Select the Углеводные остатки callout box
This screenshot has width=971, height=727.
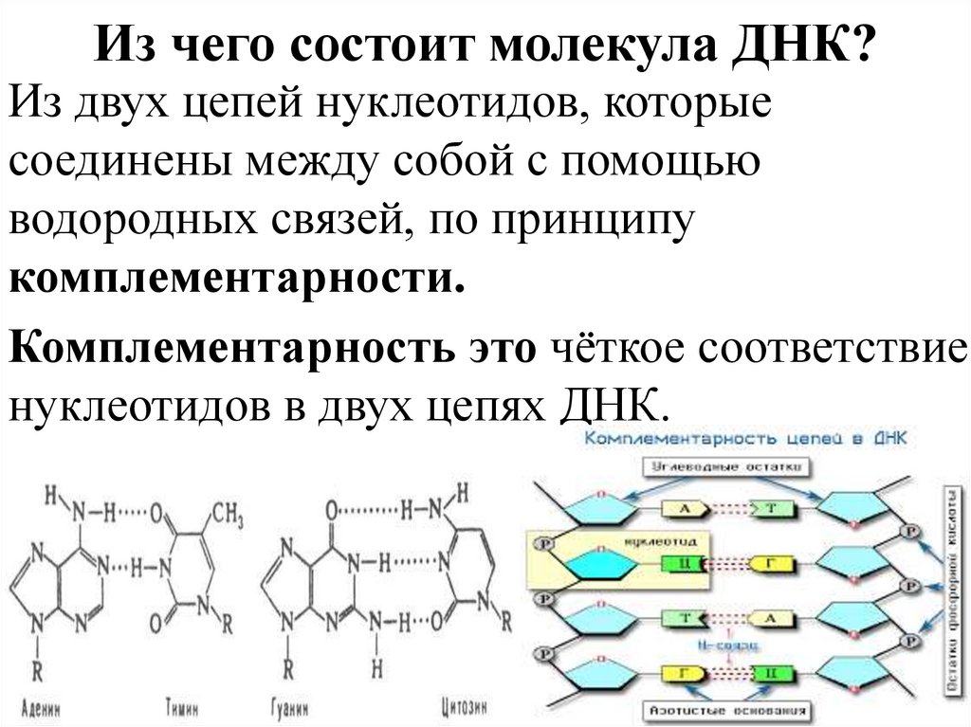[x=732, y=468]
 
